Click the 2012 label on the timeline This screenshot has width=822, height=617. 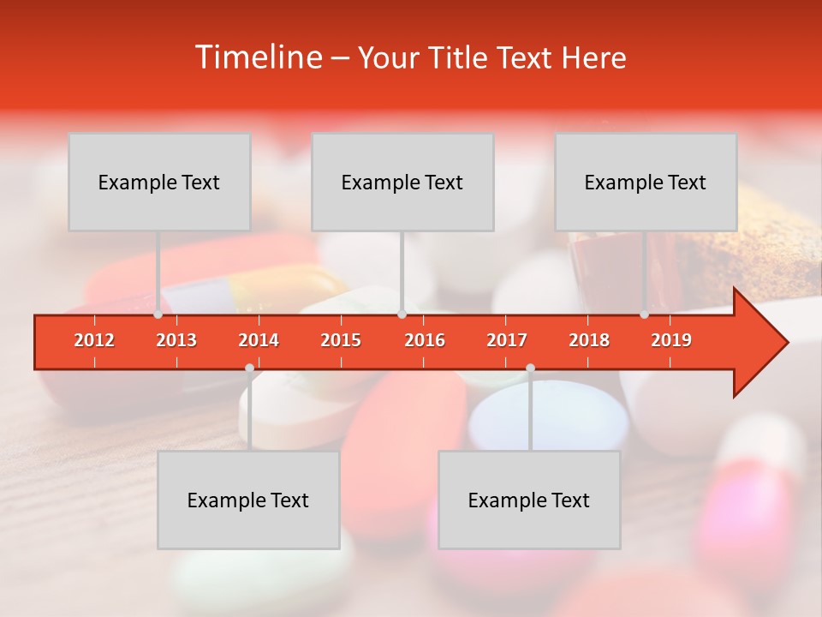pyautogui.click(x=94, y=340)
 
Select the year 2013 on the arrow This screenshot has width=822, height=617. pyautogui.click(x=176, y=340)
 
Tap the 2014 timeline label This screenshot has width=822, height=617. pyautogui.click(x=259, y=340)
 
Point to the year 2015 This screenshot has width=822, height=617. pyautogui.click(x=341, y=340)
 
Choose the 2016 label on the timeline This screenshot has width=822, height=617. pyautogui.click(x=425, y=340)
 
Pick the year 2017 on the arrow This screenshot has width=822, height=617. pyautogui.click(x=507, y=340)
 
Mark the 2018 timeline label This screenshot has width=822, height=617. pyautogui.click(x=589, y=340)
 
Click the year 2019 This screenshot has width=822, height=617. pyautogui.click(x=671, y=340)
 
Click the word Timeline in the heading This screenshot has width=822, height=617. pyautogui.click(x=257, y=57)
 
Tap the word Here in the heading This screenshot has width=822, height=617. pyautogui.click(x=593, y=58)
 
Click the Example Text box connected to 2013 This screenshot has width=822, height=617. pyautogui.click(x=159, y=182)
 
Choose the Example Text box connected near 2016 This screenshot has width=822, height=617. pyautogui.click(x=402, y=182)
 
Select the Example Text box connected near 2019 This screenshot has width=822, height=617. pyautogui.click(x=646, y=182)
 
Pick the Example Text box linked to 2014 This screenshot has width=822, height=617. pyautogui.click(x=248, y=500)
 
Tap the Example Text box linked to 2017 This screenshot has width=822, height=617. pyautogui.click(x=529, y=500)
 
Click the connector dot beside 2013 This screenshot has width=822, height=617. pyautogui.click(x=158, y=314)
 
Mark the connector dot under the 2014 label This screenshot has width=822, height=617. pyautogui.click(x=249, y=368)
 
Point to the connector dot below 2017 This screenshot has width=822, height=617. pyautogui.click(x=530, y=368)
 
